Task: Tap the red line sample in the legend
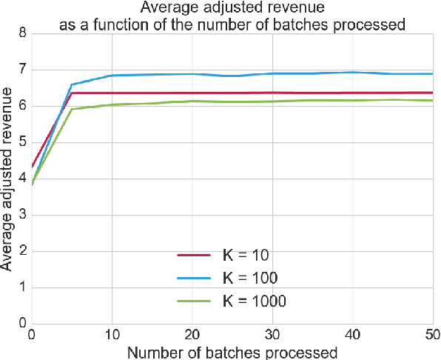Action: coord(196,256)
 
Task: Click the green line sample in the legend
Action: coord(196,301)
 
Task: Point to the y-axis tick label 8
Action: coord(21,33)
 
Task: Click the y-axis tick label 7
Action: coord(21,70)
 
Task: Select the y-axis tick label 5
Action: coord(21,142)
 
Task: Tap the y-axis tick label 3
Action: coord(21,215)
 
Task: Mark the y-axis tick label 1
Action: coord(21,287)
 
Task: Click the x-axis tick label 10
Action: coord(111,336)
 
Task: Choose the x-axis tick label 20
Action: coord(192,336)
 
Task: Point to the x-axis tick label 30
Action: coord(272,336)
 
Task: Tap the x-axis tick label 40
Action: coord(353,336)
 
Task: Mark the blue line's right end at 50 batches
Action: coord(433,74)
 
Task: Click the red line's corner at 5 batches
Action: coord(71,93)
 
